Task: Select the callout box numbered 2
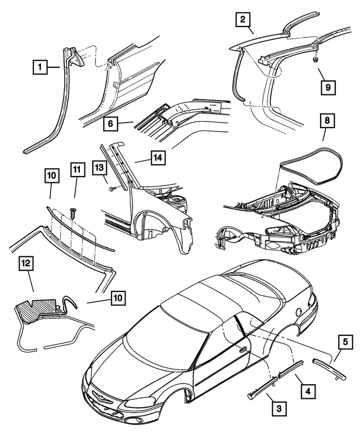[x=242, y=21]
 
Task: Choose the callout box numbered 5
[x=345, y=342]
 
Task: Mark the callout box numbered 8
[x=325, y=121]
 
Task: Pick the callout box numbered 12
[x=26, y=263]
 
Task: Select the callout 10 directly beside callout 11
[x=51, y=177]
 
